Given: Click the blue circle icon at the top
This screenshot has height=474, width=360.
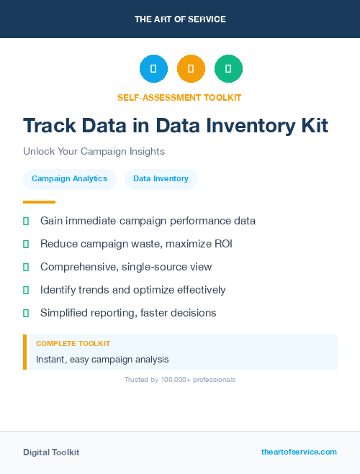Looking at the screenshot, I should [x=153, y=68].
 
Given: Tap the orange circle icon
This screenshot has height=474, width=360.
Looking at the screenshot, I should [x=191, y=68].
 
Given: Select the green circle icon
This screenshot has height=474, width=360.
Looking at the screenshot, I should [x=228, y=68].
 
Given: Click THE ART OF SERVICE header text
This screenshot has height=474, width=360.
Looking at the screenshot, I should [x=180, y=19].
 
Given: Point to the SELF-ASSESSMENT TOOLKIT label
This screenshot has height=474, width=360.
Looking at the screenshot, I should [x=179, y=97].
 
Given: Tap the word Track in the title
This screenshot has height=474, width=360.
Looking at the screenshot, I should [x=48, y=126].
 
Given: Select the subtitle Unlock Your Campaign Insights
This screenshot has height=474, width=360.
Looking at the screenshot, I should [x=94, y=152].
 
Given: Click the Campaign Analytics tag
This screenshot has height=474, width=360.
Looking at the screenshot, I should [x=69, y=178].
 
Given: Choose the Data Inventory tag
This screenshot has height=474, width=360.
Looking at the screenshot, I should [x=161, y=178].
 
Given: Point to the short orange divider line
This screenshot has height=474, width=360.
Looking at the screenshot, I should [x=39, y=201].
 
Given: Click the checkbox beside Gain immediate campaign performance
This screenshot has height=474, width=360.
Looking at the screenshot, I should [x=26, y=221].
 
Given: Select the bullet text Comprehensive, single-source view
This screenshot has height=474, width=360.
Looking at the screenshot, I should [x=126, y=267].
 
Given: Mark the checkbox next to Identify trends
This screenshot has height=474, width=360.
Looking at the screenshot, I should [x=26, y=290].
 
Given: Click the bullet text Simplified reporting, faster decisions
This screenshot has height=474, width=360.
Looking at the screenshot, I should [x=128, y=313].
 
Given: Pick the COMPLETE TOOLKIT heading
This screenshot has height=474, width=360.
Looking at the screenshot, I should [x=73, y=344].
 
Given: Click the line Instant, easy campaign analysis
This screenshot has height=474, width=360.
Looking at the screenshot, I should [x=102, y=359].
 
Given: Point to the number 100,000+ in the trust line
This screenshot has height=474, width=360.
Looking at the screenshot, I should [x=178, y=379].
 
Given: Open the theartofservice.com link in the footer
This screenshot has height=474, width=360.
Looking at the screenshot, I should [x=299, y=452].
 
